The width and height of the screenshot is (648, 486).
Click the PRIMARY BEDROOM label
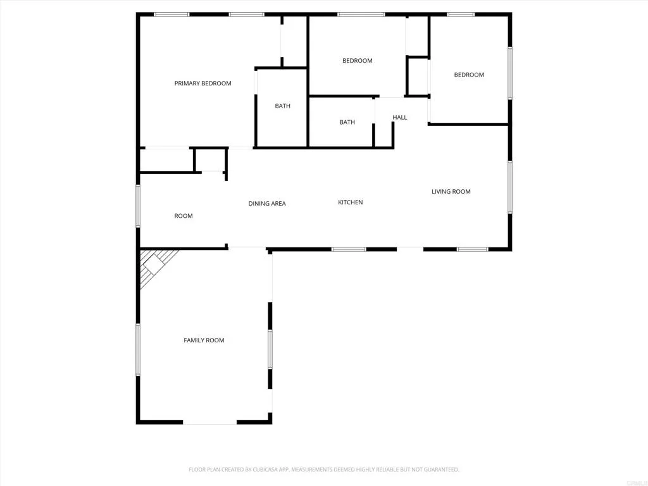pos(202,84)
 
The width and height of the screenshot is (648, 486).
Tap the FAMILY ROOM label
pos(204,340)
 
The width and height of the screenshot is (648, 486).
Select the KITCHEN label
pos(350,202)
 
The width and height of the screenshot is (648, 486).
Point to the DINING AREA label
pos(266,204)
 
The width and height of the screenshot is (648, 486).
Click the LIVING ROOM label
pos(451,192)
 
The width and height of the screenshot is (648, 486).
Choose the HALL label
pos(399,118)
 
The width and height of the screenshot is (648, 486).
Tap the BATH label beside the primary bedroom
pos(282,106)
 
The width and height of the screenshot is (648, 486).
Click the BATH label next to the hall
pos(347,123)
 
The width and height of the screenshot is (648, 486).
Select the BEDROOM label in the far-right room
pos(469,75)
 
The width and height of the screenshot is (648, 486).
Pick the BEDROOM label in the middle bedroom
pos(357,61)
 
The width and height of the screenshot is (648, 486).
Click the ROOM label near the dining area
pos(184,216)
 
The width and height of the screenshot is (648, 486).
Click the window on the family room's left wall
pos(138,349)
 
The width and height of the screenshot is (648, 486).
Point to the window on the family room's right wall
pos(270,349)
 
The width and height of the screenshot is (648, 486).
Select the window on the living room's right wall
pos(509,187)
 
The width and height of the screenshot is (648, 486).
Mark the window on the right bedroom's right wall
pos(509,73)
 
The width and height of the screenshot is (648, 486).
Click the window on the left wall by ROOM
pos(138,206)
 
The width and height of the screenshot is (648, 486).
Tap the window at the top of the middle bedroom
pos(361,14)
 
